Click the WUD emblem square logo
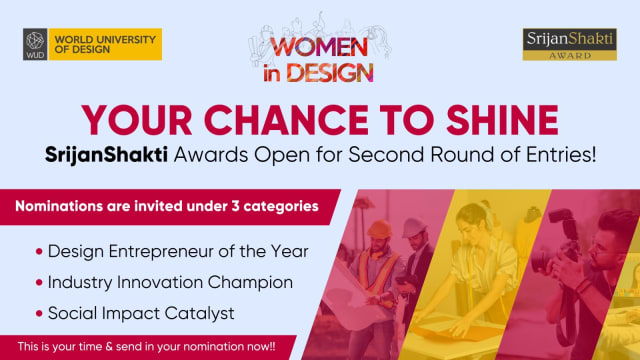[x=35, y=44]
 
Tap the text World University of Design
[x=105, y=44]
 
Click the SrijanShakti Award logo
[x=569, y=44]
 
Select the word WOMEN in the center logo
[x=319, y=47]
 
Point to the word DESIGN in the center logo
[x=330, y=73]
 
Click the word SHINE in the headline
[x=502, y=120]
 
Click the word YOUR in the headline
[x=137, y=120]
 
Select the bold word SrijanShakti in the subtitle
[x=106, y=156]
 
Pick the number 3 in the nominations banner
[x=235, y=206]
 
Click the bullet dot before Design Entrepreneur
[x=39, y=251]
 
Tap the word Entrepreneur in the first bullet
[x=161, y=252]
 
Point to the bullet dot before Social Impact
[x=39, y=313]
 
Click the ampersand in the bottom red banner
[x=109, y=347]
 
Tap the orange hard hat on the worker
[x=379, y=229]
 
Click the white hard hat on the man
[x=413, y=227]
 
